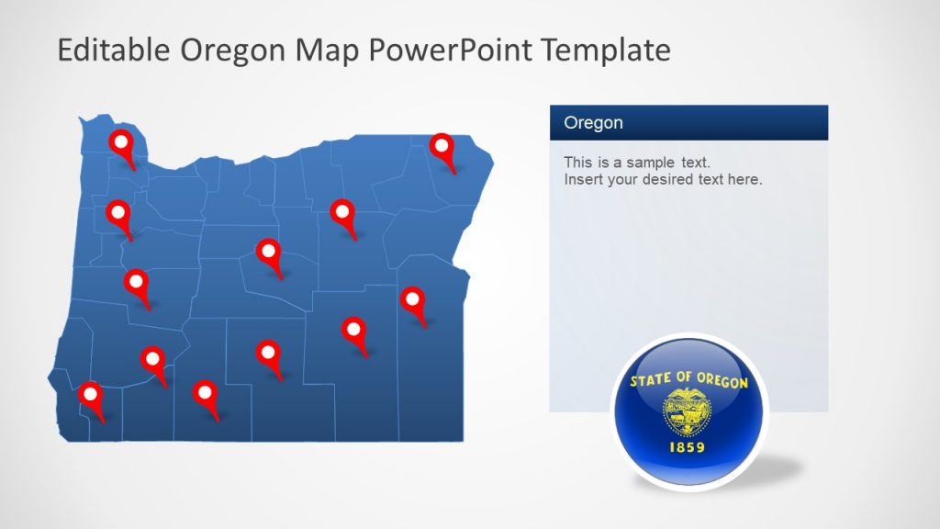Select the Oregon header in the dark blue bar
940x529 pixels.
pos(593,123)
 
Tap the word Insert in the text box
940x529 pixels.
pos(583,180)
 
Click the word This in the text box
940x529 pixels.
pos(578,163)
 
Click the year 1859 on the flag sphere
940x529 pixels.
pos(688,449)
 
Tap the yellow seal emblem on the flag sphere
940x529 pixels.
pos(688,411)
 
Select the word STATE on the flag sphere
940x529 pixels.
pos(651,379)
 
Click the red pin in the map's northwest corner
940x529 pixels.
pos(120,143)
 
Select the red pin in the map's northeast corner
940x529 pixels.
pos(442,147)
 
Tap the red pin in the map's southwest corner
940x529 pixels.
pos(90,396)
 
